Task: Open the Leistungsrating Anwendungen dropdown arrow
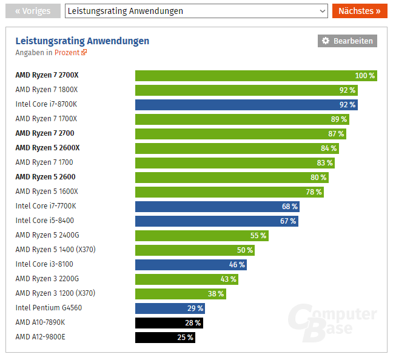(x=322, y=11)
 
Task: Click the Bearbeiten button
(x=347, y=41)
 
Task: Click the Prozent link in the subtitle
(x=70, y=52)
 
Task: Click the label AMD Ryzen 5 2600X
(x=47, y=148)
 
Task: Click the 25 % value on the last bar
(x=185, y=337)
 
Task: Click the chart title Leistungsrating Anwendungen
(x=82, y=41)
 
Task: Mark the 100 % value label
(x=365, y=75)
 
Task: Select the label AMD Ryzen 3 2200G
(x=47, y=279)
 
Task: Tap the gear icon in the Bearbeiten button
(x=326, y=41)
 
